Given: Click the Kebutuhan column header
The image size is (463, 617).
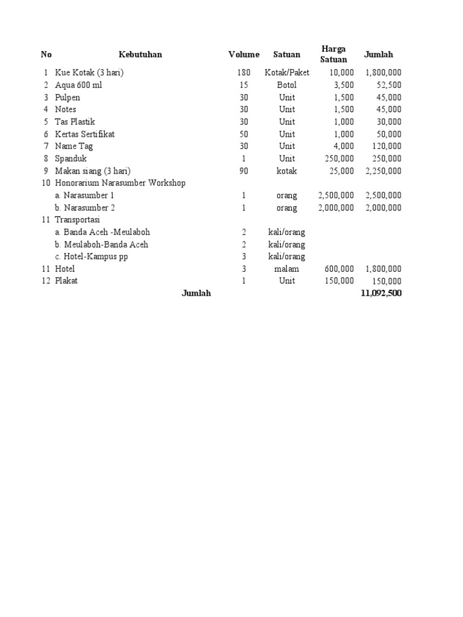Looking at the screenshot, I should [140, 54].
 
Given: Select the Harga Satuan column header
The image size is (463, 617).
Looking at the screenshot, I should [333, 54].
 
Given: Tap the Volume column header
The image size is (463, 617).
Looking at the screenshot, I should [244, 54].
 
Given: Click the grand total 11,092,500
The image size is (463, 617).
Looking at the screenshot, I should [380, 293].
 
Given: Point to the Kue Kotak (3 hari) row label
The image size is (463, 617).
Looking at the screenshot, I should [89, 73].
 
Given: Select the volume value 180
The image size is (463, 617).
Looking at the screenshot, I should [244, 73].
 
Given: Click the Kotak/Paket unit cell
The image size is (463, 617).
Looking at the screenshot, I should [287, 73].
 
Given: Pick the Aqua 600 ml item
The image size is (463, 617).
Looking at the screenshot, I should [78, 85].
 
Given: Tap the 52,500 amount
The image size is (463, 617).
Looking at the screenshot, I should [387, 85].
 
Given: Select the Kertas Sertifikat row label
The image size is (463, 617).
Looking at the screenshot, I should [84, 134].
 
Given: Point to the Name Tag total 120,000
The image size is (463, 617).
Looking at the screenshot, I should [385, 146].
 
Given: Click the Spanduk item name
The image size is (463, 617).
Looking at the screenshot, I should [71, 158].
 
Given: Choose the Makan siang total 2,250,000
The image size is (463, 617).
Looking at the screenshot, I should [383, 171].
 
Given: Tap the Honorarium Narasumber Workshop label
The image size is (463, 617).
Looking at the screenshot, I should [120, 183].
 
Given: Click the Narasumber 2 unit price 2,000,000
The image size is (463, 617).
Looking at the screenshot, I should [336, 208].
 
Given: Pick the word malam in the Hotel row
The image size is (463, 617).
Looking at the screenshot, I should [287, 269].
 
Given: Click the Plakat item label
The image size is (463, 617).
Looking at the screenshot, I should [66, 281].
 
